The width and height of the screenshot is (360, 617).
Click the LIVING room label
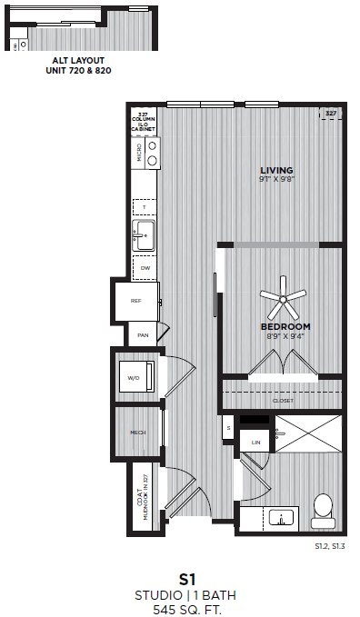pyautogui.click(x=277, y=170)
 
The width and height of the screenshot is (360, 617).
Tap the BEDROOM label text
pyautogui.click(x=285, y=326)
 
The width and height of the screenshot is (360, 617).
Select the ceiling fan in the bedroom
pyautogui.click(x=284, y=297)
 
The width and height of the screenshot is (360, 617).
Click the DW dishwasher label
pyautogui.click(x=144, y=268)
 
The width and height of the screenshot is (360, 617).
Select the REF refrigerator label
pyautogui.click(x=135, y=300)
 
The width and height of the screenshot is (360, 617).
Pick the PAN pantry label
pyautogui.click(x=143, y=335)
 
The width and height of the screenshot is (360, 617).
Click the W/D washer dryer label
pyautogui.click(x=133, y=377)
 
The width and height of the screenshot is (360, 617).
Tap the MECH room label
pyautogui.click(x=138, y=433)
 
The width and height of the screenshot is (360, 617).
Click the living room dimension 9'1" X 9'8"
pyautogui.click(x=277, y=179)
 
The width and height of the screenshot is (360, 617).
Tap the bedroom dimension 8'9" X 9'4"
pyautogui.click(x=285, y=336)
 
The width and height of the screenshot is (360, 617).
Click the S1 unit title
pyautogui.click(x=188, y=578)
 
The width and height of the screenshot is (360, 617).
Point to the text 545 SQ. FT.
pyautogui.click(x=188, y=610)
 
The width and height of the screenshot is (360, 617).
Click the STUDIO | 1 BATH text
pyautogui.click(x=188, y=595)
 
